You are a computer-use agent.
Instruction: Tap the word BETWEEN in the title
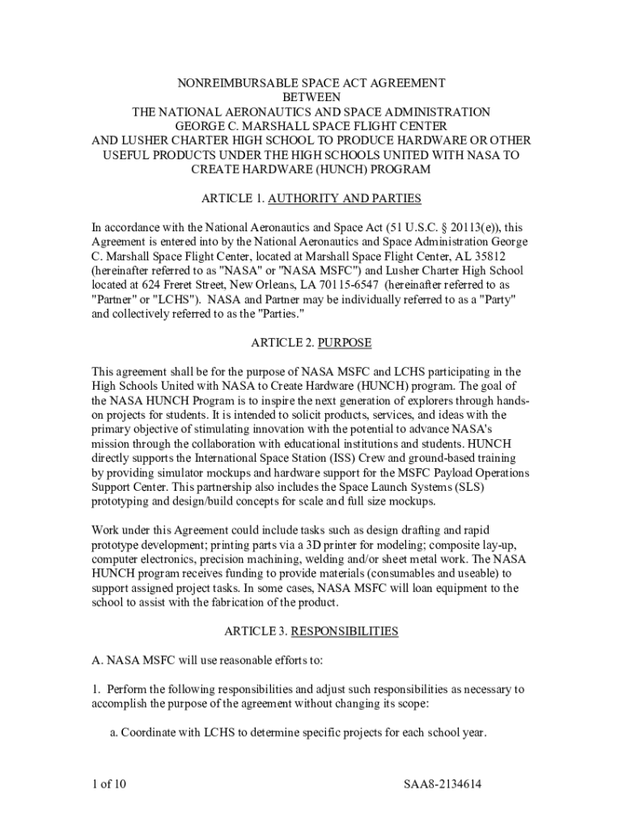(x=311, y=98)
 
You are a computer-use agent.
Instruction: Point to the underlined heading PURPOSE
(x=345, y=343)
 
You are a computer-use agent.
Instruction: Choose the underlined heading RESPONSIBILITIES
(x=345, y=631)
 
